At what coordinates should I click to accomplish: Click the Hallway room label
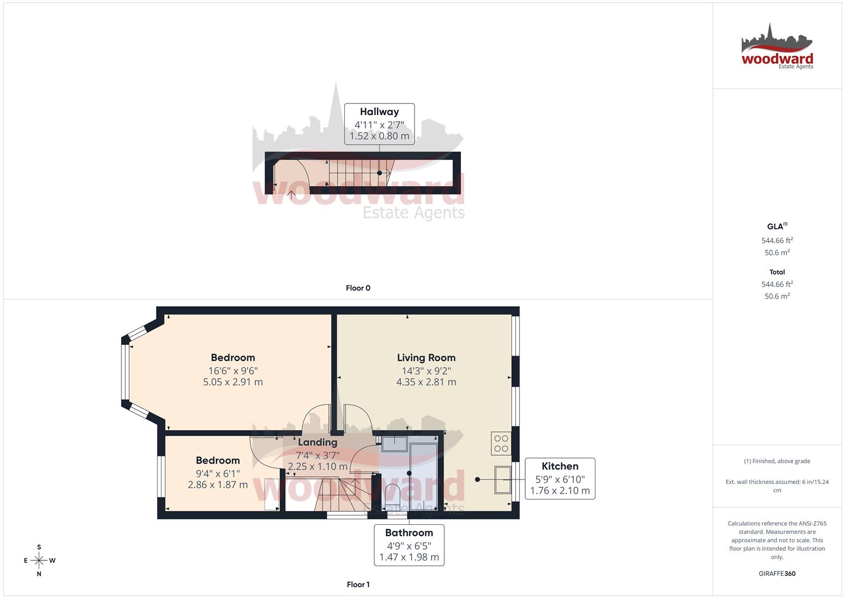[379, 112]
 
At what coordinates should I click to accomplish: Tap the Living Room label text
[426, 358]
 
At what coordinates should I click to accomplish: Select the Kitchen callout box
[559, 478]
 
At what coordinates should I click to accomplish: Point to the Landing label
[317, 442]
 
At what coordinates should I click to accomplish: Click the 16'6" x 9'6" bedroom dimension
[233, 371]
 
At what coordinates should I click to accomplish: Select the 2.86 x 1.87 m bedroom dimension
[217, 485]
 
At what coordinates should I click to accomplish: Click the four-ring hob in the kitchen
[501, 444]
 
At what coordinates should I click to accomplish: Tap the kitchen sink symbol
[503, 480]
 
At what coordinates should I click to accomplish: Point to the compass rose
[39, 560]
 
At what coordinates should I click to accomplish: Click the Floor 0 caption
[358, 288]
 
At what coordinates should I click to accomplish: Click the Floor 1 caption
[358, 585]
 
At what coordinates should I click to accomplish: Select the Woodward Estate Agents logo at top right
[777, 47]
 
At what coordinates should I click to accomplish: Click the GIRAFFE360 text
[777, 574]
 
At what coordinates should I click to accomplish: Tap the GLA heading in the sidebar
[776, 226]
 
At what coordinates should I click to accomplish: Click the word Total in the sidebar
[777, 272]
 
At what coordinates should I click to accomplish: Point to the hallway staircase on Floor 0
[354, 172]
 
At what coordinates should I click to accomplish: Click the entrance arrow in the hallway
[291, 194]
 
